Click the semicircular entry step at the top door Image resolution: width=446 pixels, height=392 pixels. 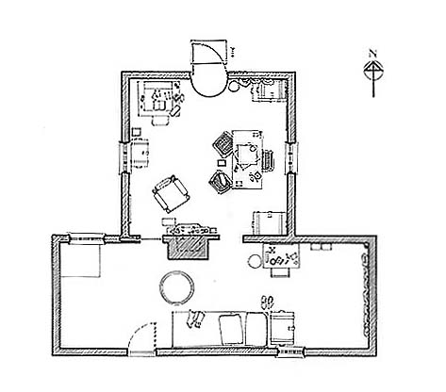pos(206,83)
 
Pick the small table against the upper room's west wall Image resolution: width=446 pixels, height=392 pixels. pos(139,150)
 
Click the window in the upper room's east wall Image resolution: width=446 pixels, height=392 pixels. pos(290,157)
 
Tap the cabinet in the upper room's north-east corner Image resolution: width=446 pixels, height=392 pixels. pos(269,90)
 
